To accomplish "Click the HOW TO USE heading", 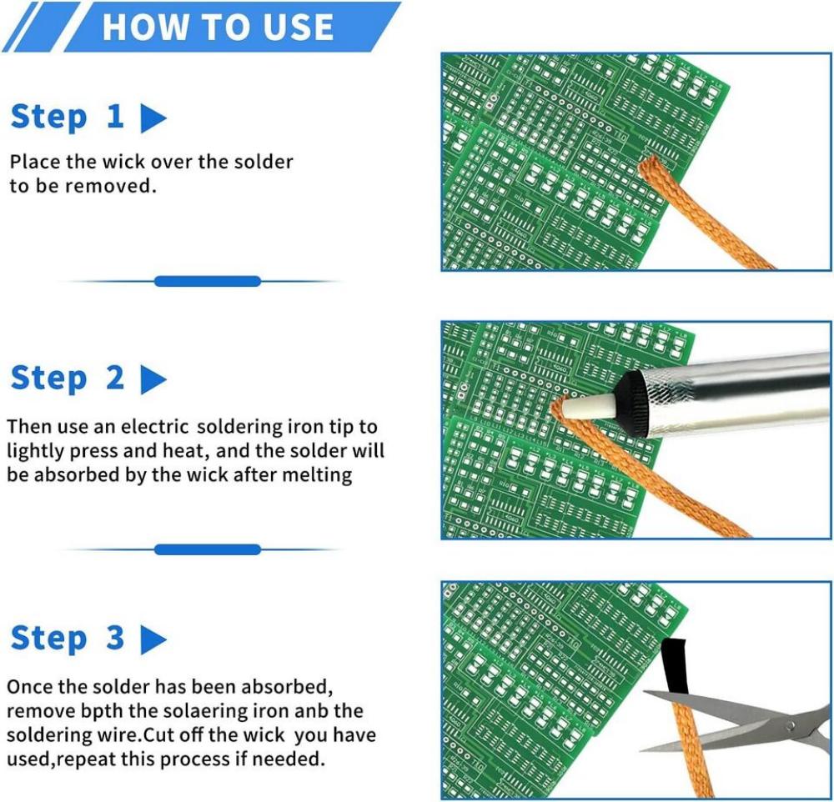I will point(218,28).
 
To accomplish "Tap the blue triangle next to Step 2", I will point(153,380).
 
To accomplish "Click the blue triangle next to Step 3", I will point(153,640).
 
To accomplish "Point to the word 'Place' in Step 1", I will point(33,161).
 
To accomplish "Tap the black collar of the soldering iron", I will point(631,399).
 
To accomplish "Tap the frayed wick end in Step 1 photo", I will point(651,166).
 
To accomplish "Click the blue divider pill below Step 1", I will point(207,282).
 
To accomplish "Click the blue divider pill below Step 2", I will point(207,549).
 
